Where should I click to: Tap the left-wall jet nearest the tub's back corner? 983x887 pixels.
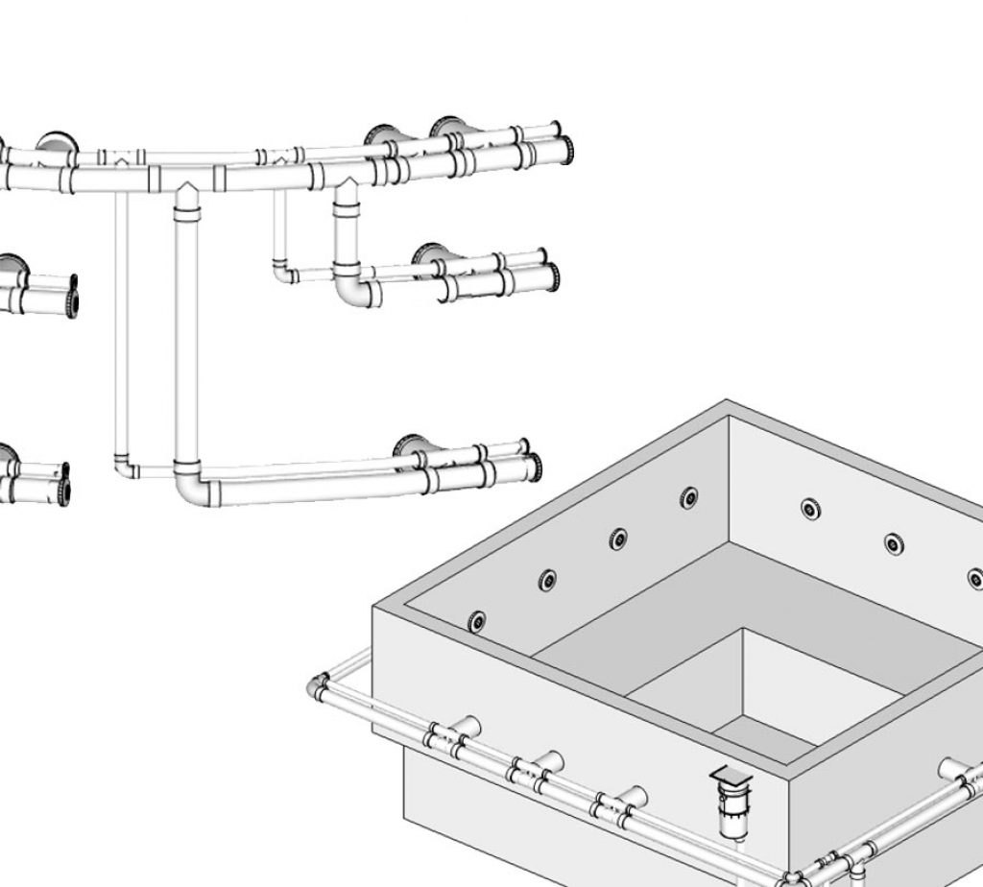(x=689, y=497)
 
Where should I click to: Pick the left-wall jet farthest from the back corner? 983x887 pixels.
(x=477, y=621)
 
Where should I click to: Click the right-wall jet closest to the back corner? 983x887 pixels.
(x=811, y=509)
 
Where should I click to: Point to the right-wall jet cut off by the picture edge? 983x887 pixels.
(x=975, y=578)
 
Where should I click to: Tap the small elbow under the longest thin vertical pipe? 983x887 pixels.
(x=125, y=467)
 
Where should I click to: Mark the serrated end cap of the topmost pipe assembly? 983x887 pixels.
(x=566, y=147)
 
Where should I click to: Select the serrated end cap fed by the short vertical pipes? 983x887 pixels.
(x=554, y=277)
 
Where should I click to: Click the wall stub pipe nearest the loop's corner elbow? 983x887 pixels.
(x=468, y=727)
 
